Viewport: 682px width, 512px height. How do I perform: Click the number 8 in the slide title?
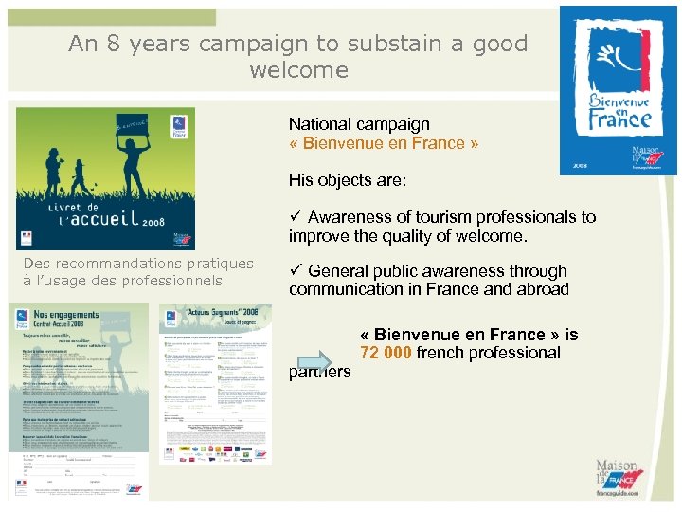(118, 44)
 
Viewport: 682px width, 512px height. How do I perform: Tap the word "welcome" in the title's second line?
(298, 70)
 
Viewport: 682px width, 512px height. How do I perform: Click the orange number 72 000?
(385, 353)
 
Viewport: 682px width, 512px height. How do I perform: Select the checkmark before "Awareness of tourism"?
(296, 217)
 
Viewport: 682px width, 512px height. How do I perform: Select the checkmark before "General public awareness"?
(296, 271)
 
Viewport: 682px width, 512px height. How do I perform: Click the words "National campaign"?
(359, 124)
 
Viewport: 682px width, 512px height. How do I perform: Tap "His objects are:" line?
(348, 179)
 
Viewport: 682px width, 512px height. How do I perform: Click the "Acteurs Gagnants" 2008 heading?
(219, 314)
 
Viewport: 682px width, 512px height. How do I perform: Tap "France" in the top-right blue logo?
(619, 119)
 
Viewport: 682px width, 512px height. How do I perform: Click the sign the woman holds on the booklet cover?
(130, 125)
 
